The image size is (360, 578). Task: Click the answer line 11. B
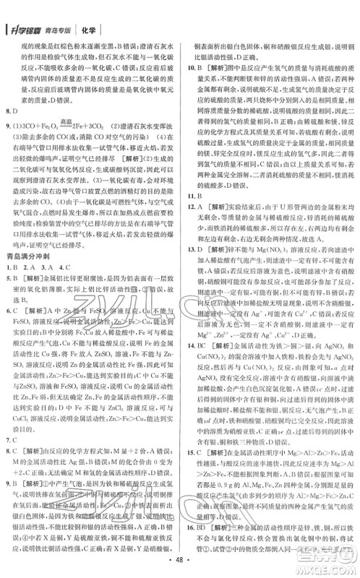coord(191,217)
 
